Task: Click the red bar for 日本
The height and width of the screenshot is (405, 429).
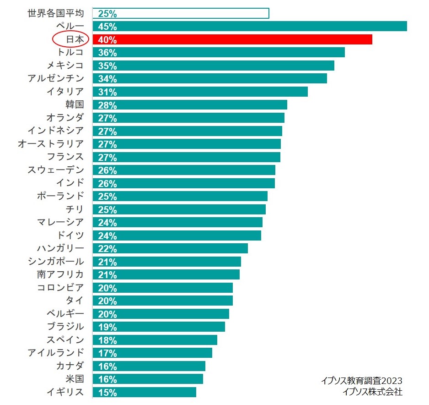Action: click(x=232, y=39)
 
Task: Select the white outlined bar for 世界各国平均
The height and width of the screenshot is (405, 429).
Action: click(x=181, y=13)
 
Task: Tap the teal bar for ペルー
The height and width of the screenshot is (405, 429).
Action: click(x=250, y=26)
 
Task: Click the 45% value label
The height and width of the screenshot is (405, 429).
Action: click(x=107, y=27)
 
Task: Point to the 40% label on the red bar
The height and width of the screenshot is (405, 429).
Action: click(x=107, y=40)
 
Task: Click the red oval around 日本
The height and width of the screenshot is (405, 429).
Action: click(x=70, y=39)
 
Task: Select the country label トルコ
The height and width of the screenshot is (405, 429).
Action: click(x=68, y=52)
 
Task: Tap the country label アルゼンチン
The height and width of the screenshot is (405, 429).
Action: click(x=56, y=78)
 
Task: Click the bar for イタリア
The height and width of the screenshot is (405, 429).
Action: click(x=200, y=92)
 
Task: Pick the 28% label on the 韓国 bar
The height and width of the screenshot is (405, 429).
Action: click(x=107, y=105)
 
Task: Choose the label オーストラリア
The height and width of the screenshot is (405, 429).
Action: click(x=51, y=144)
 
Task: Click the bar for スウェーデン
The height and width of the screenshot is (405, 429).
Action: click(x=184, y=170)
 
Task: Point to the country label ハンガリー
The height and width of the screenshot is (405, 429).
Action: click(x=60, y=248)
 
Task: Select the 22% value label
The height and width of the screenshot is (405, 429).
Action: click(x=107, y=249)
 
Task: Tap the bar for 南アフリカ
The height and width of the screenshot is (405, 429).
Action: click(x=166, y=274)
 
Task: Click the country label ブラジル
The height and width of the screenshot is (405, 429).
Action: click(x=65, y=327)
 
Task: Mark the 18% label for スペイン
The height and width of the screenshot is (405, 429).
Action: click(x=107, y=340)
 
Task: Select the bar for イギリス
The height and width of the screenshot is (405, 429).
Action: click(x=144, y=392)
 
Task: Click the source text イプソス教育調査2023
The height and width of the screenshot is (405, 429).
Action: click(x=361, y=381)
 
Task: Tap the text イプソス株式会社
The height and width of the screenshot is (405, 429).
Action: click(x=372, y=392)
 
